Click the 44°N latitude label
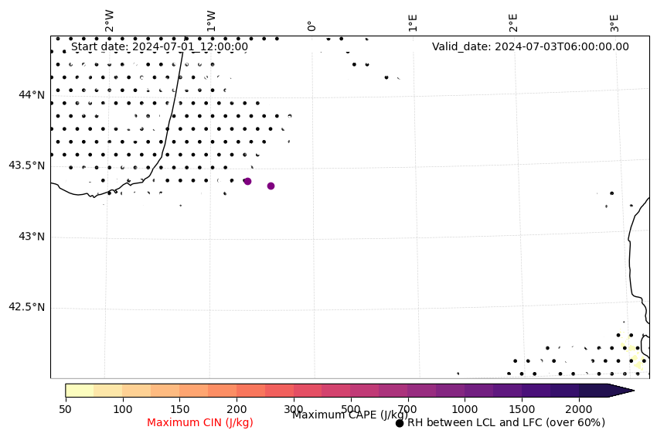(32, 94)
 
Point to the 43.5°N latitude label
(26, 166)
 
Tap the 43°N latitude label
(32, 236)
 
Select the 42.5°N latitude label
(26, 307)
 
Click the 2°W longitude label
(110, 21)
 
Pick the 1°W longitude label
(211, 21)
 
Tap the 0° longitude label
(311, 26)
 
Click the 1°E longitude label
(413, 22)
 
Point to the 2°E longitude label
(513, 22)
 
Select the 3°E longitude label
(614, 22)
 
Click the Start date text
(159, 46)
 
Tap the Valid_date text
(530, 46)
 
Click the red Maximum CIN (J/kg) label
(200, 422)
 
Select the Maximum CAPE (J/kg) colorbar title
(350, 415)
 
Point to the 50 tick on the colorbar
(66, 408)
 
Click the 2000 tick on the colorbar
(579, 408)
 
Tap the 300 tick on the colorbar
(294, 408)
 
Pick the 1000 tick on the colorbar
(465, 408)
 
